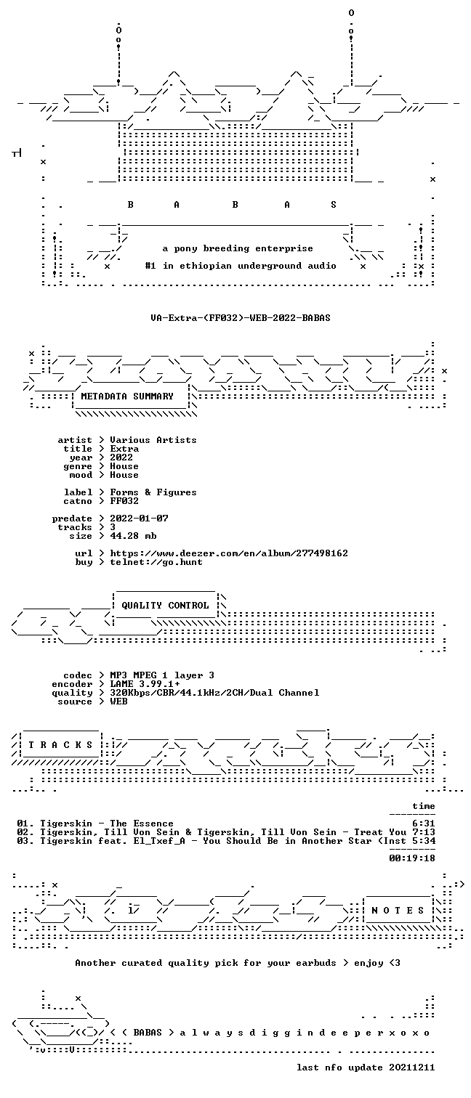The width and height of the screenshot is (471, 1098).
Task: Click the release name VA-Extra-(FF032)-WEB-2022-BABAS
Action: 241,317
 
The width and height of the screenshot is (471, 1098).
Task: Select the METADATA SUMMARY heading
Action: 127,396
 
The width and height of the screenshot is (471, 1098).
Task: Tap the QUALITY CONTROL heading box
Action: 165,606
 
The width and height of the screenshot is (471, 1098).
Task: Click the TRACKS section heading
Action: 60,745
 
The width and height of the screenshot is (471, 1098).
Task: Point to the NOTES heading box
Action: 398,910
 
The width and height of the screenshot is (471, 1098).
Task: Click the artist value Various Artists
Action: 153,440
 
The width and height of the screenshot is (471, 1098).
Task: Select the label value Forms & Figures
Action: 153,492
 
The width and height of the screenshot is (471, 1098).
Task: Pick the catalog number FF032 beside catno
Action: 124,501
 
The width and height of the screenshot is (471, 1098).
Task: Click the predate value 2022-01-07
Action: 139,518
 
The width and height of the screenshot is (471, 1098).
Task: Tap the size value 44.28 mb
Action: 133,536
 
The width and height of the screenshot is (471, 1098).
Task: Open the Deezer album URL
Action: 229,553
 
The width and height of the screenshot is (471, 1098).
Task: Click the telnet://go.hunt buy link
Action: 156,562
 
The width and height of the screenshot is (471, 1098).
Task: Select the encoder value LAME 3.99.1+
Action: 145,684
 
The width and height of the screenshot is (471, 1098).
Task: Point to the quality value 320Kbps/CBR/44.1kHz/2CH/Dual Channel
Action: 214,693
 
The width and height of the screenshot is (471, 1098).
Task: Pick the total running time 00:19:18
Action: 411,858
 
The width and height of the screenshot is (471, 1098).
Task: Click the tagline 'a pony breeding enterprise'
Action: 238,248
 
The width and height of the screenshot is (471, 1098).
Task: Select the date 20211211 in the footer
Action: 411,1067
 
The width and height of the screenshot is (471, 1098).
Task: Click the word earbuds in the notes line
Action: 316,963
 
